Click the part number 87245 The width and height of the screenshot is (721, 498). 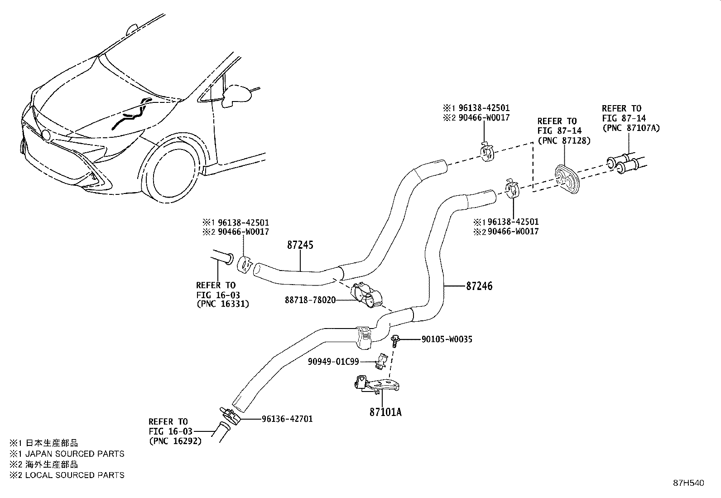[300, 245]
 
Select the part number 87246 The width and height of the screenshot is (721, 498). [480, 286]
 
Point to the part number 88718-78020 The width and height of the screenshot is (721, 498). [310, 300]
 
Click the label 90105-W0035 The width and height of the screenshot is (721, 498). [447, 339]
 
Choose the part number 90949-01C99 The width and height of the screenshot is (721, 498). [333, 361]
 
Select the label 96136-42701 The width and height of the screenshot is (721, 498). [287, 419]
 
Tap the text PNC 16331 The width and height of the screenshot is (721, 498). [223, 304]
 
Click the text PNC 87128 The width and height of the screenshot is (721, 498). [564, 140]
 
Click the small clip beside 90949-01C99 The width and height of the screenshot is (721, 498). [382, 360]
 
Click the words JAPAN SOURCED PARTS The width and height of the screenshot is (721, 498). [74, 454]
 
